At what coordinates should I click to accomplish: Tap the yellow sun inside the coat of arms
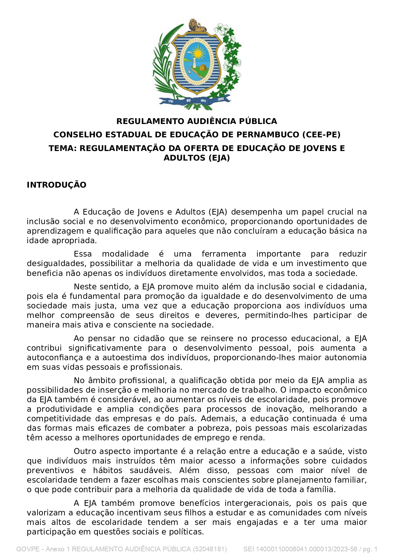point(198,53)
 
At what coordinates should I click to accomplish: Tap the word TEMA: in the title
point(63,148)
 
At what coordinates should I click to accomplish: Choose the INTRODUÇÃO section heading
point(57,185)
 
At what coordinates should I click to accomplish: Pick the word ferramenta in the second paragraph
point(224,254)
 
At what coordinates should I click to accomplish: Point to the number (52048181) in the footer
point(209,549)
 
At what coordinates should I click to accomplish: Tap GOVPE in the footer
point(28,549)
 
